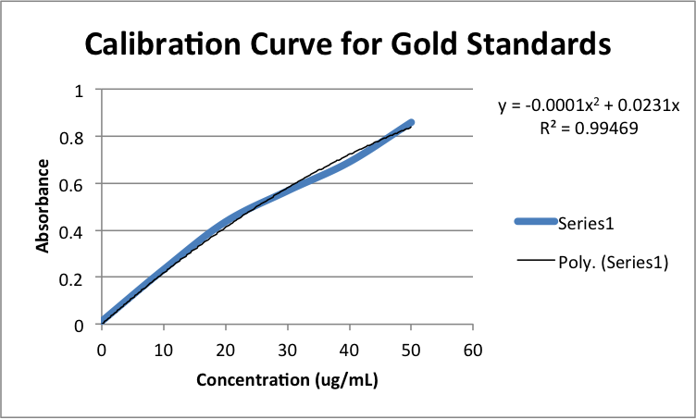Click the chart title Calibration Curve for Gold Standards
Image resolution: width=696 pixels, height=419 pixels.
point(348,43)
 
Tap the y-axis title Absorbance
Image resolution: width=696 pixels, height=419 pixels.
point(43,206)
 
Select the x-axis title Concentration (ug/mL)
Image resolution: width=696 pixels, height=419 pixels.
point(287,380)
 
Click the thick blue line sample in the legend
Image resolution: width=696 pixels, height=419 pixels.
point(536,221)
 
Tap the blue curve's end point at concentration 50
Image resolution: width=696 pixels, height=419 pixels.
point(411,123)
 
